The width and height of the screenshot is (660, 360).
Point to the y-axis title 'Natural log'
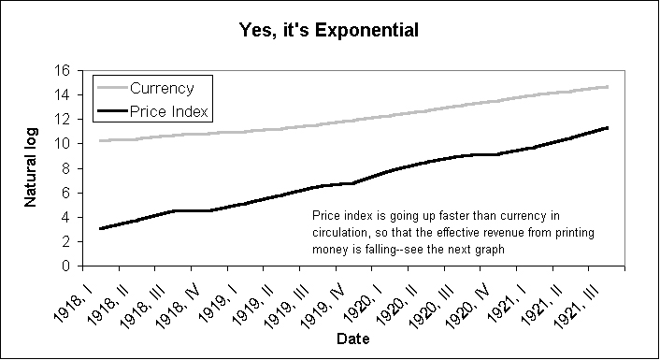tap(31, 168)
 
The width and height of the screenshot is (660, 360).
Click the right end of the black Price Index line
tap(609, 127)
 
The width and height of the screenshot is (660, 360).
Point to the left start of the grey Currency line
tap(99, 141)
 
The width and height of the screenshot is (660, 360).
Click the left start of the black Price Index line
tap(99, 228)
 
